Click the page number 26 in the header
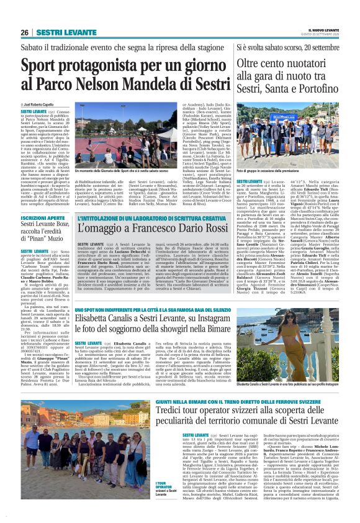click(24, 32)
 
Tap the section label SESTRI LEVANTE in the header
click(58, 32)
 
